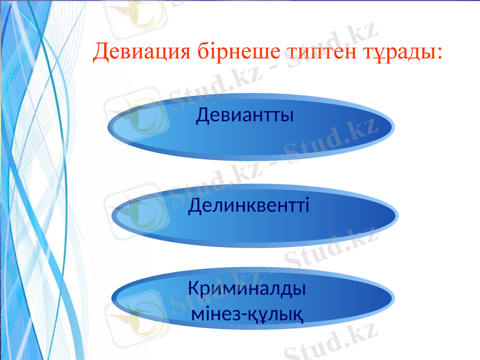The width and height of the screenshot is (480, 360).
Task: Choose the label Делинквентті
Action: [249, 206]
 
